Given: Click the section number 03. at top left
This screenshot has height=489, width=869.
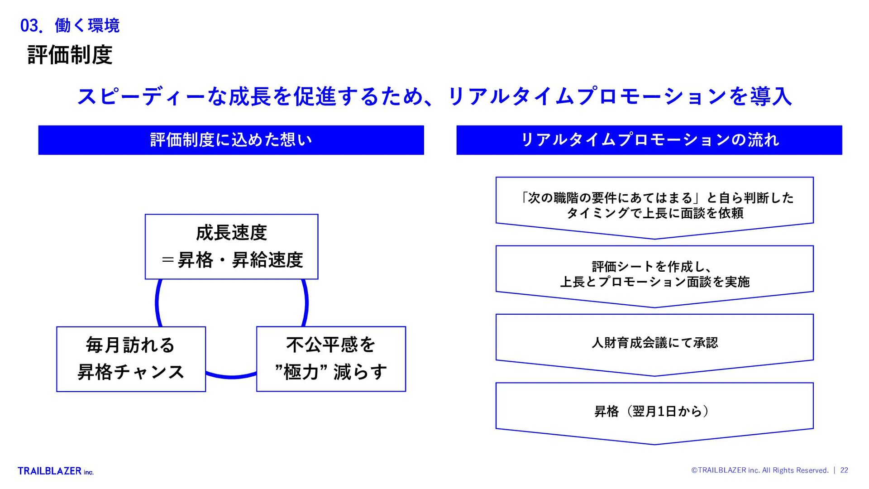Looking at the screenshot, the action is click(x=31, y=26).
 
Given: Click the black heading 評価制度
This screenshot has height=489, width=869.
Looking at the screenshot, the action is click(x=70, y=55).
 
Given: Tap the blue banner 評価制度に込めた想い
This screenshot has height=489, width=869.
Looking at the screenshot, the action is click(x=231, y=140).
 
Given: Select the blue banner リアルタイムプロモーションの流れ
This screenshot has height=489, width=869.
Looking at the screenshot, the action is click(x=649, y=140).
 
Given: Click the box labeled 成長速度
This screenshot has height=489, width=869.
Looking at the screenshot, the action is click(x=231, y=247).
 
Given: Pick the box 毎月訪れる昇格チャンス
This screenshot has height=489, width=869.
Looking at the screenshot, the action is click(x=131, y=359).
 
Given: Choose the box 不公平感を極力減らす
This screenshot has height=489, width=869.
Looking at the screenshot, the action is click(x=331, y=359).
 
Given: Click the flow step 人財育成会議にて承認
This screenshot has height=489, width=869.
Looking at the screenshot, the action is click(x=654, y=343).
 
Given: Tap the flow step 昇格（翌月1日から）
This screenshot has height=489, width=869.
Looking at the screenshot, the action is click(x=654, y=411).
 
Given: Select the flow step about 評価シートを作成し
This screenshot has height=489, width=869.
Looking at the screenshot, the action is click(x=654, y=274).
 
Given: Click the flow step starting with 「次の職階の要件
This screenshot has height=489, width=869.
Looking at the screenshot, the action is click(x=654, y=206).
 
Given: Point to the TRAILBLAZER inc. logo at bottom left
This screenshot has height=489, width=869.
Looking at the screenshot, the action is click(x=56, y=471).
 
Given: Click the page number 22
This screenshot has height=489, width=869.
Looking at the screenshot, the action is click(x=844, y=470).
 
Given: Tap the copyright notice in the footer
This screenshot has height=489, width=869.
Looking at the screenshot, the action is click(x=760, y=470).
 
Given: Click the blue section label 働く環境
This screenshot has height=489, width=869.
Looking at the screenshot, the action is click(x=87, y=26).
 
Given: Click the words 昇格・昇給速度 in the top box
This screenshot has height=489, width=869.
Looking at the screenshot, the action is click(x=240, y=260).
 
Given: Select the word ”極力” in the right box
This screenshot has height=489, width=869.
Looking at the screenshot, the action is click(x=301, y=372).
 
